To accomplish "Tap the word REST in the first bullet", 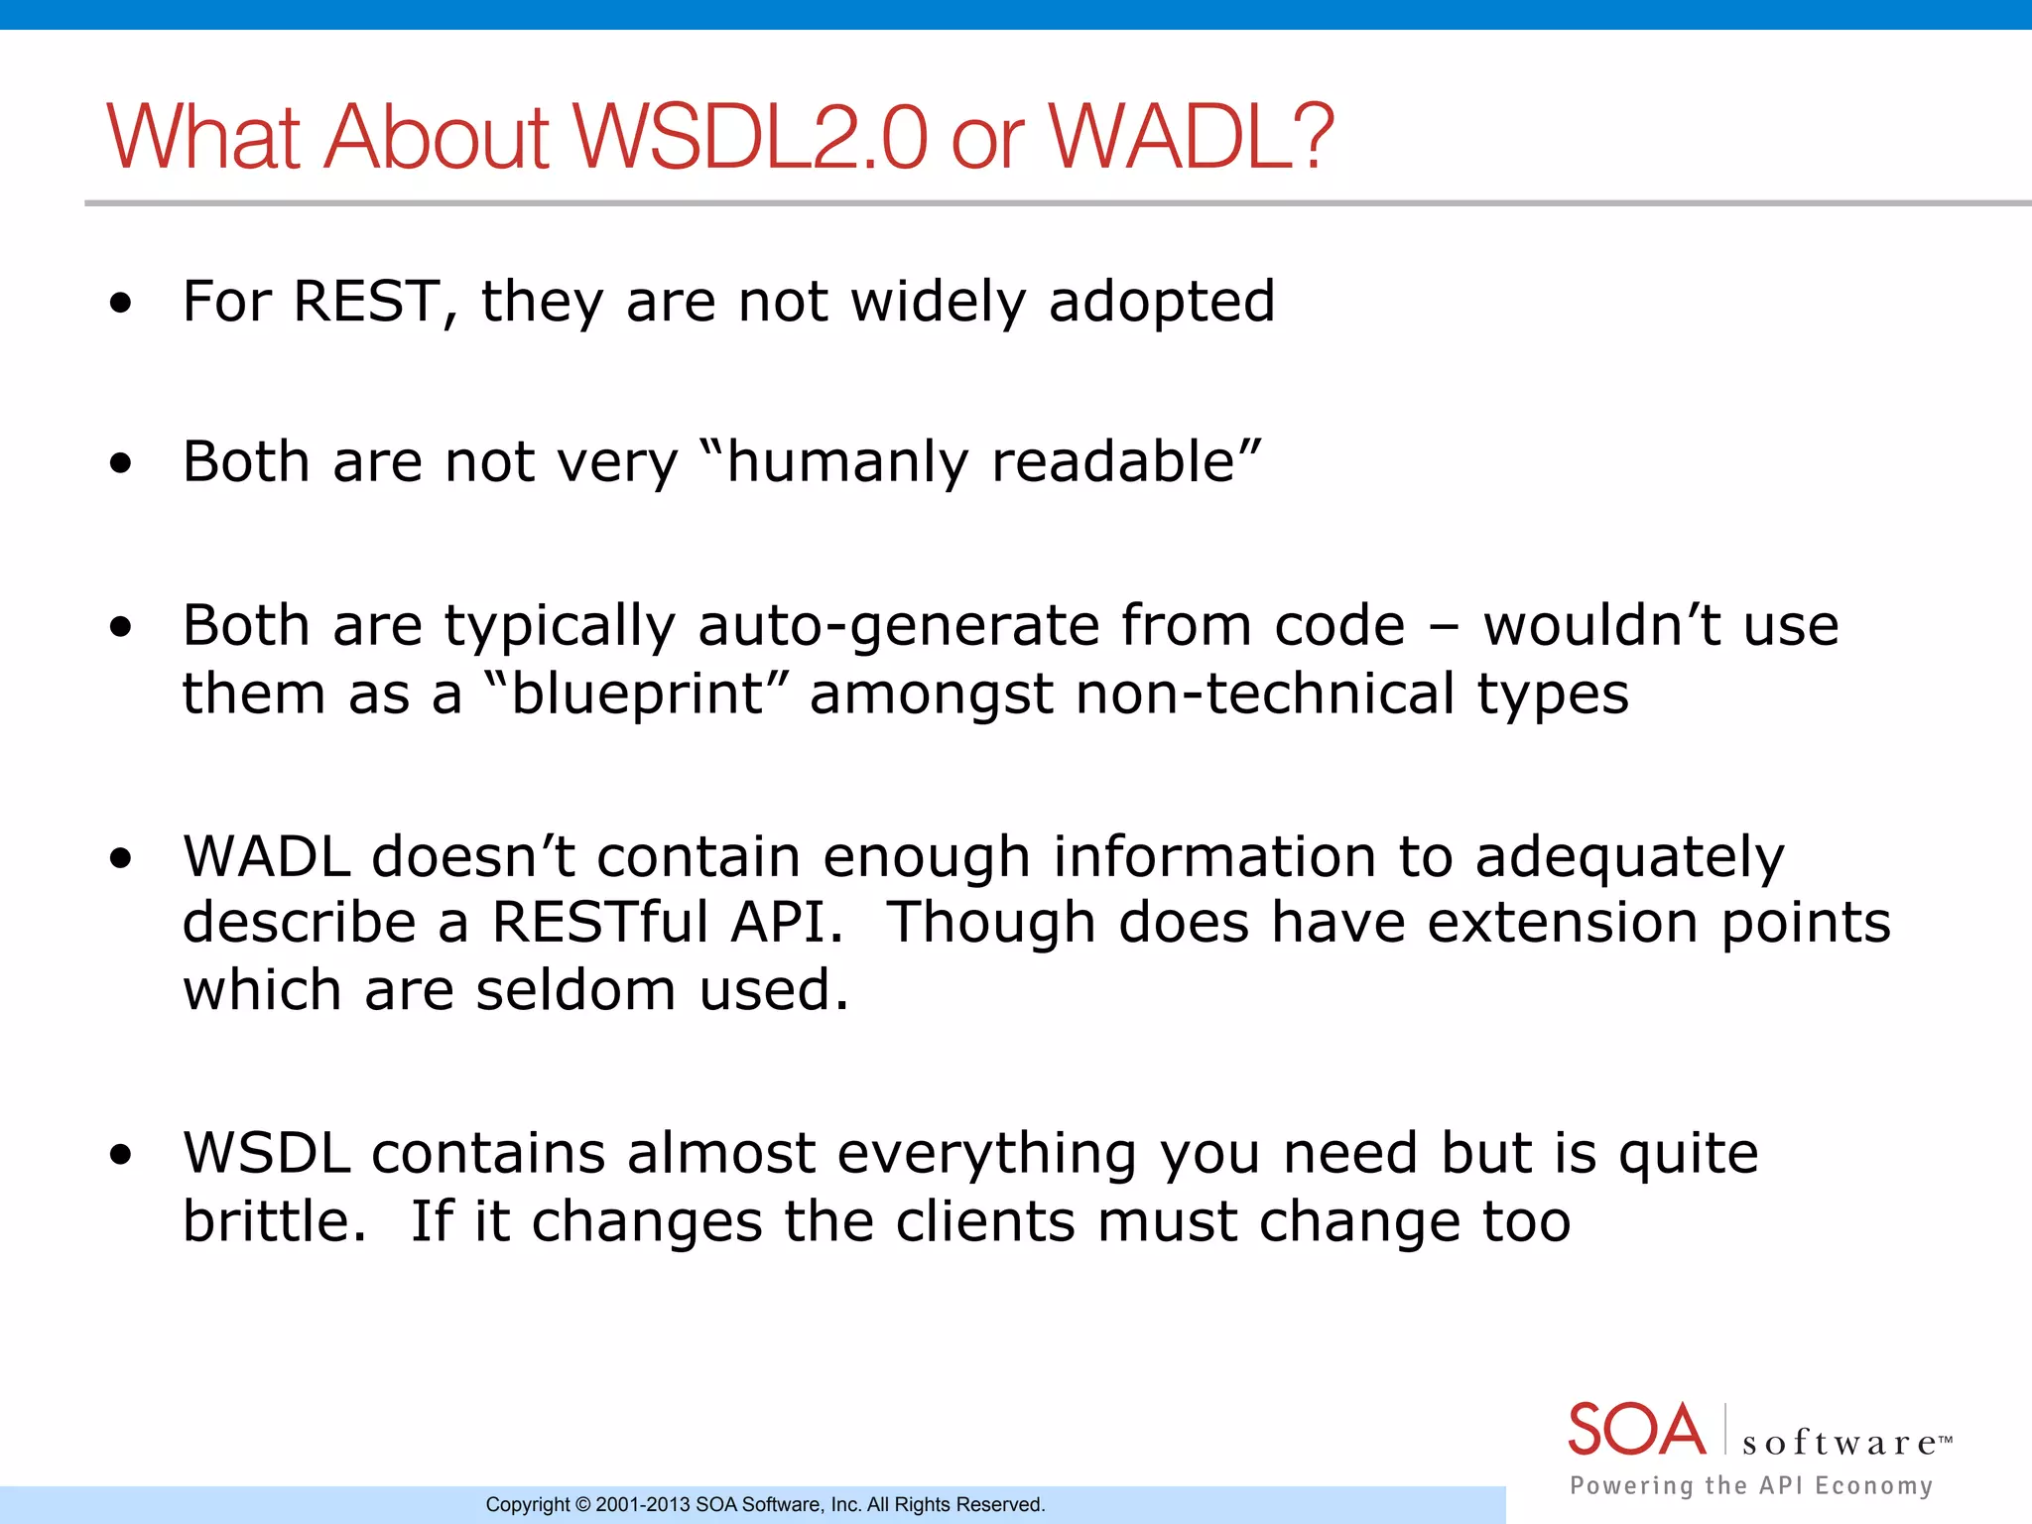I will tap(367, 301).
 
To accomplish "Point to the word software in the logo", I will tap(1839, 1443).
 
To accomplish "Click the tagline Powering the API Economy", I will tap(1751, 1485).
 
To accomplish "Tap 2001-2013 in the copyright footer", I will tap(642, 1505).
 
